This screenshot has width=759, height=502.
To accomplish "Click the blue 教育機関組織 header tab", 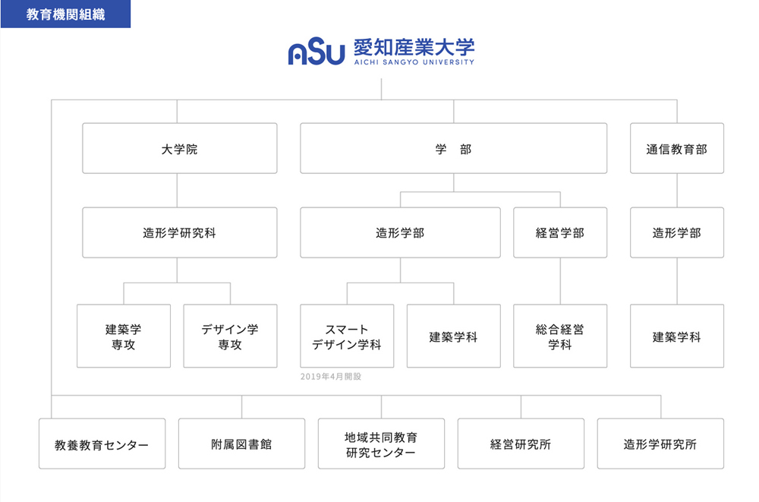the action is [x=65, y=14].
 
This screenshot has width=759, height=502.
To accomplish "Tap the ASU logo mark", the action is [x=316, y=52].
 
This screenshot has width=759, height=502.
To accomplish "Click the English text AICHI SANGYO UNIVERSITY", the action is [x=414, y=62].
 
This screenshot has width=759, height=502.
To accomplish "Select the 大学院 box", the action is [x=180, y=148].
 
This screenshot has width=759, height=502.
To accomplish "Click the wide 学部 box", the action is [x=454, y=148].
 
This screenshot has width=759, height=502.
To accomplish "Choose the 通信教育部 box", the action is [x=677, y=148].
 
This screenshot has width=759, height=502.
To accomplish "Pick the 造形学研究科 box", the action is [x=180, y=232].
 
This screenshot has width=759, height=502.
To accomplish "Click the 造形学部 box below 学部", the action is [x=400, y=232].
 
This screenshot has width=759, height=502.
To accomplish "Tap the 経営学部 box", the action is [x=560, y=232].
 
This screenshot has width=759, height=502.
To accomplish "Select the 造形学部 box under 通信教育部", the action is [x=677, y=232].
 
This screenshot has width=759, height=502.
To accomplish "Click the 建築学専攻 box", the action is [x=124, y=336].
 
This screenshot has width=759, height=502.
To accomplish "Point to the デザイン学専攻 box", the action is [x=231, y=336].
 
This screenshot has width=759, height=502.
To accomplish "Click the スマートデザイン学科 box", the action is [x=347, y=336].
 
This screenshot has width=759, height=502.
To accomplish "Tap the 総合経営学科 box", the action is [x=560, y=336].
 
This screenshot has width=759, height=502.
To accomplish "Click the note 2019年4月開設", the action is [x=331, y=377].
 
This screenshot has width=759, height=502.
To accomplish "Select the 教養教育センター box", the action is [x=102, y=444].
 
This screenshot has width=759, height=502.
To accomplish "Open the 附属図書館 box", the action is [x=241, y=444].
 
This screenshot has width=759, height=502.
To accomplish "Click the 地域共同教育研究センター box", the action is [x=382, y=444].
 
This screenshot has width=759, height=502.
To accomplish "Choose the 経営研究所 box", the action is [x=521, y=444].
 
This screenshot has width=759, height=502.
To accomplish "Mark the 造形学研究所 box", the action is [x=661, y=444].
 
